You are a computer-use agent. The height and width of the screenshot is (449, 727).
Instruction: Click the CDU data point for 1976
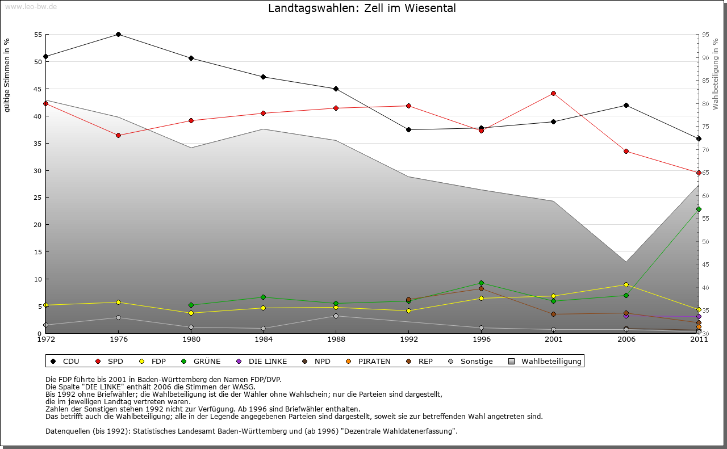point(118,34)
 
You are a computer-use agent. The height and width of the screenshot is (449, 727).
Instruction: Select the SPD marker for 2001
point(553,93)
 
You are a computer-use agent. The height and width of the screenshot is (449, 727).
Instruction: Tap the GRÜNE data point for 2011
point(699,209)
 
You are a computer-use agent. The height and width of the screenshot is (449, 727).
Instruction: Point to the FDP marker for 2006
point(626,284)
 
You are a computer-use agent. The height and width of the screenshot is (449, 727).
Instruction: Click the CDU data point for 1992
point(408,129)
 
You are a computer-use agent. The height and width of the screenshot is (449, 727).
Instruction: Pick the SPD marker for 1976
point(118,135)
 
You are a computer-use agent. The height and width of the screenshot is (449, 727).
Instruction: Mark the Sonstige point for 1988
point(336,316)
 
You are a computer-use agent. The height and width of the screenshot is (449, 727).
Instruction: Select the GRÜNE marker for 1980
point(191,305)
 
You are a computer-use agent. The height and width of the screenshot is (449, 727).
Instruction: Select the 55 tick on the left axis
point(38,35)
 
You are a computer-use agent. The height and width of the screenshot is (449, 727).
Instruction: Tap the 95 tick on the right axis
point(705,35)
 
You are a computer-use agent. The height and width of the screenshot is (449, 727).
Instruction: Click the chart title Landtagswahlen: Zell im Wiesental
point(362,9)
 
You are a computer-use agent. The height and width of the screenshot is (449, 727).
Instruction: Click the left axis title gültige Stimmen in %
point(7,75)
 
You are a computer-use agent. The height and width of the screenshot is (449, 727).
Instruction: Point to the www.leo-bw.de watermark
point(31,6)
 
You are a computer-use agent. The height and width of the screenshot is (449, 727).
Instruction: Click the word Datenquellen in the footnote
point(68,431)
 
